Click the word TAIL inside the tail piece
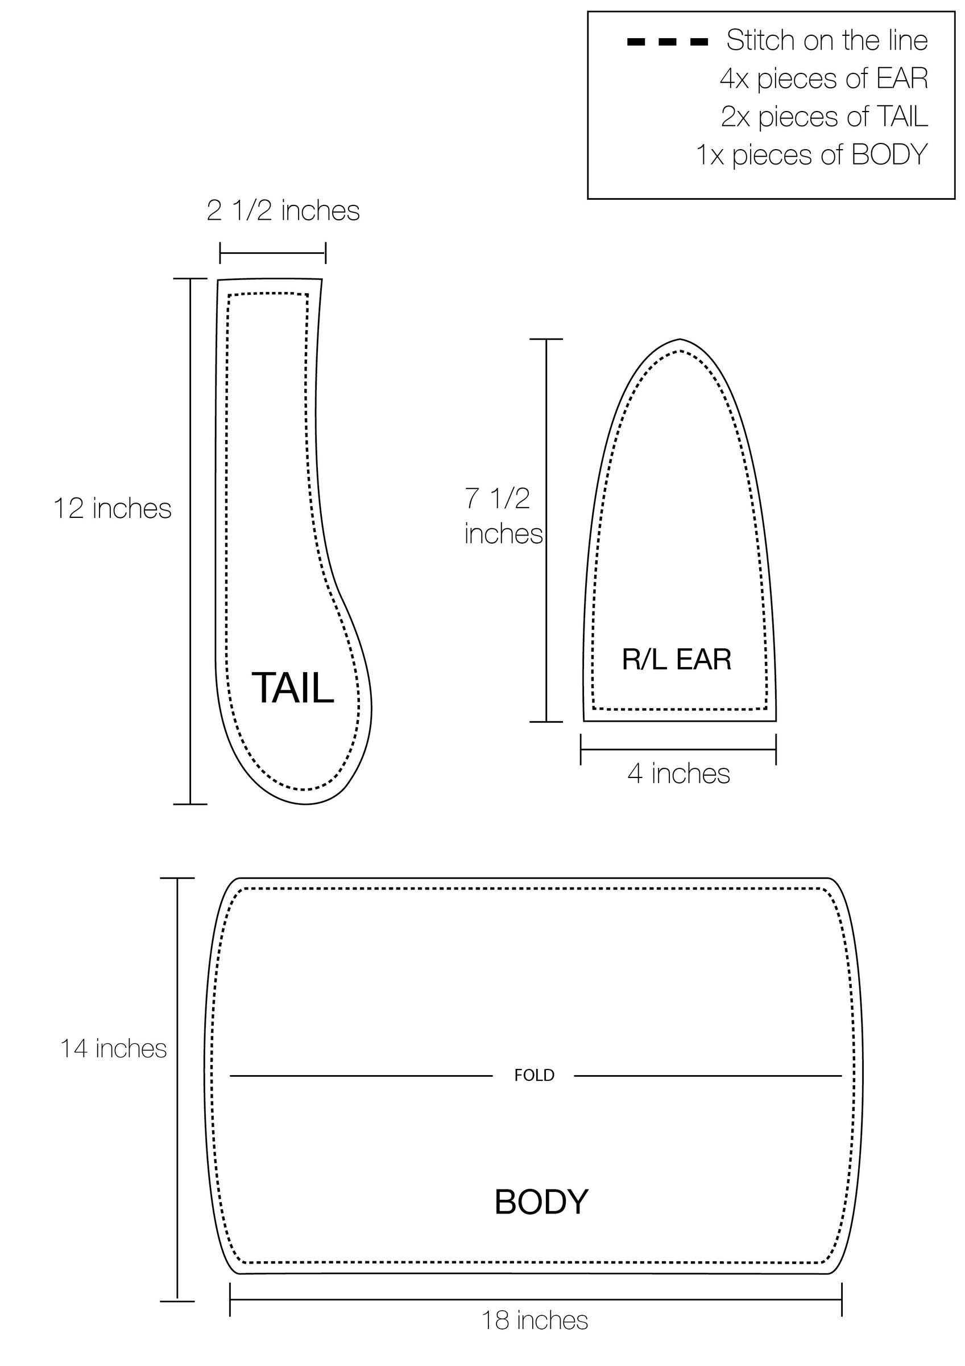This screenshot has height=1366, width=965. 292,688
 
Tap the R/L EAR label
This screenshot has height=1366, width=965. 677,659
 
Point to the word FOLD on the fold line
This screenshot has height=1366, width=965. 534,1075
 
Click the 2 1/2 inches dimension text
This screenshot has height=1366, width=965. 283,211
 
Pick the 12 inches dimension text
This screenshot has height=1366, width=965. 113,509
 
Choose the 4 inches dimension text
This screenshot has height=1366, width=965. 678,773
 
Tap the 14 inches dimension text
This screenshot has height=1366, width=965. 114,1048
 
